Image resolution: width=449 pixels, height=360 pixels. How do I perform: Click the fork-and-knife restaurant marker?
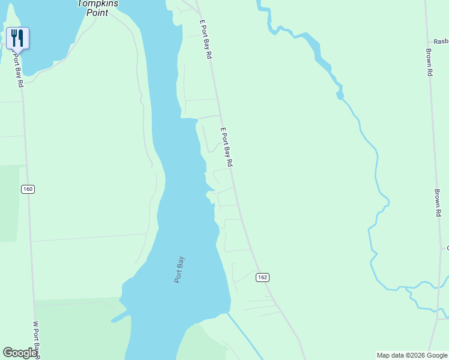[x=17, y=38]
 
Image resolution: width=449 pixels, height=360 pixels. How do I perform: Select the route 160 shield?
[x=28, y=189]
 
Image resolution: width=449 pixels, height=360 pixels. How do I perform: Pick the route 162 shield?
[x=262, y=277]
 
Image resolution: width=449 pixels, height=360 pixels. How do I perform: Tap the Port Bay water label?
[x=179, y=270]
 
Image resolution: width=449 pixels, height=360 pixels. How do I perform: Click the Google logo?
[x=20, y=353]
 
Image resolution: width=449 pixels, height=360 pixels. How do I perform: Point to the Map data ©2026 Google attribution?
[x=412, y=355]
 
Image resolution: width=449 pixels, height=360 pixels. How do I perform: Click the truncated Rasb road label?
[x=441, y=41]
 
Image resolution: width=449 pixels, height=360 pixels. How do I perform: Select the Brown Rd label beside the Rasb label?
[x=429, y=62]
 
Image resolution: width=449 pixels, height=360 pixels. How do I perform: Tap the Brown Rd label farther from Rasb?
[x=438, y=203]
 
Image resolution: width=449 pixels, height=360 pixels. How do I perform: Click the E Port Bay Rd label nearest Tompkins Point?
[x=206, y=38]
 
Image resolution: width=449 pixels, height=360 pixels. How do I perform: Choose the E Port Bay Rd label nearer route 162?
[x=226, y=147]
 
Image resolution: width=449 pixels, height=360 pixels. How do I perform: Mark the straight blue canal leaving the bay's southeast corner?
[x=245, y=336]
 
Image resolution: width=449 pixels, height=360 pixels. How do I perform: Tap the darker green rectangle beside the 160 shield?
[x=9, y=204]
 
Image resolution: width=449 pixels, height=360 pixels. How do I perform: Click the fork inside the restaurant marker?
[x=14, y=38]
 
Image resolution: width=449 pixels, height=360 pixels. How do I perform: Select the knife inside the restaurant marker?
[x=21, y=38]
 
